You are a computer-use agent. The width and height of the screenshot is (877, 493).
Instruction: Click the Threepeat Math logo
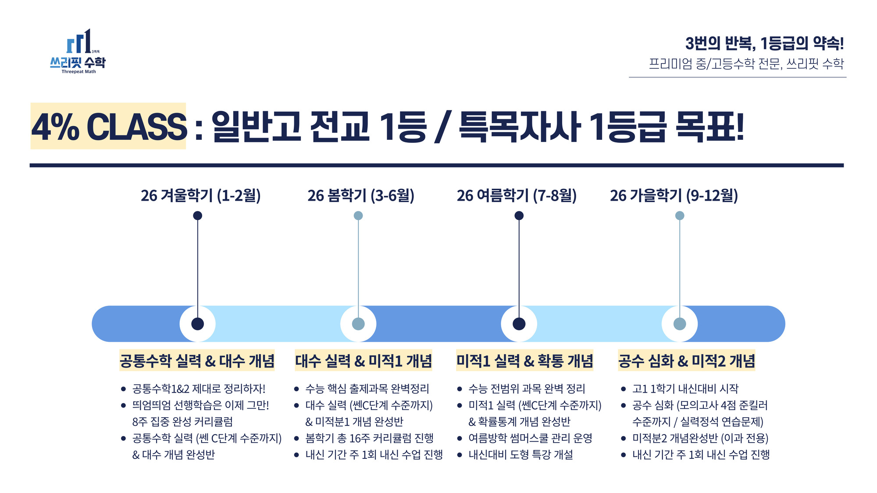click(x=78, y=51)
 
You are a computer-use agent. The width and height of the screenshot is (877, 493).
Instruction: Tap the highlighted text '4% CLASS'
click(x=109, y=127)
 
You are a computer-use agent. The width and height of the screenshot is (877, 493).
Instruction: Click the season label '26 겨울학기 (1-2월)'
click(x=201, y=195)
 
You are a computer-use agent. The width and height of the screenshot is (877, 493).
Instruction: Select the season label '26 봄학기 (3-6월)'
click(x=361, y=195)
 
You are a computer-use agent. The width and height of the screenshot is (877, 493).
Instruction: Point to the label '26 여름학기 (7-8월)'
click(x=517, y=195)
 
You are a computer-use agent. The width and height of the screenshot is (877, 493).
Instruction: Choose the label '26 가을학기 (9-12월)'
click(x=674, y=195)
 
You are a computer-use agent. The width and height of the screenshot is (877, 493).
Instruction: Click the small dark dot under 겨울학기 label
click(x=198, y=216)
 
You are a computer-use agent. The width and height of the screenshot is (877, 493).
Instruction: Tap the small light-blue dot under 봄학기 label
click(x=358, y=216)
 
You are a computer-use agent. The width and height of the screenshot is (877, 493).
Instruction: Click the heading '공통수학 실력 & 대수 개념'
click(x=197, y=361)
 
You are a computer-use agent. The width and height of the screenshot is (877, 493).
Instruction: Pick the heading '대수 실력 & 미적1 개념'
click(x=364, y=361)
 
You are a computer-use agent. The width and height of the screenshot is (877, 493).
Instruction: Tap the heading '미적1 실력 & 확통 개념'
click(x=524, y=361)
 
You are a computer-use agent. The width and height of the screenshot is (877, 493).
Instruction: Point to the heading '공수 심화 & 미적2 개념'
click(x=687, y=361)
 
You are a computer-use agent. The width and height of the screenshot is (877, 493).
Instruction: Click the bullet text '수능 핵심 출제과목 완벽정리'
click(x=367, y=389)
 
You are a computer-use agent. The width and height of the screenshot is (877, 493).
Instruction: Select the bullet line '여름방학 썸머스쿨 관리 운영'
click(x=531, y=438)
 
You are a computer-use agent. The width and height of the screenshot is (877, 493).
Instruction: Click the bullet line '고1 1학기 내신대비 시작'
click(x=685, y=389)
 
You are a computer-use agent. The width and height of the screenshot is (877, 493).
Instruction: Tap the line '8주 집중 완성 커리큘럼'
click(x=182, y=422)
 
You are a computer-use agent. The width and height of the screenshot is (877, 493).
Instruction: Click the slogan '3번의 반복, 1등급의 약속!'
click(x=765, y=43)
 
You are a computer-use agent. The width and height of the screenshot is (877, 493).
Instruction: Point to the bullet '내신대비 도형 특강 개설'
click(x=521, y=455)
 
